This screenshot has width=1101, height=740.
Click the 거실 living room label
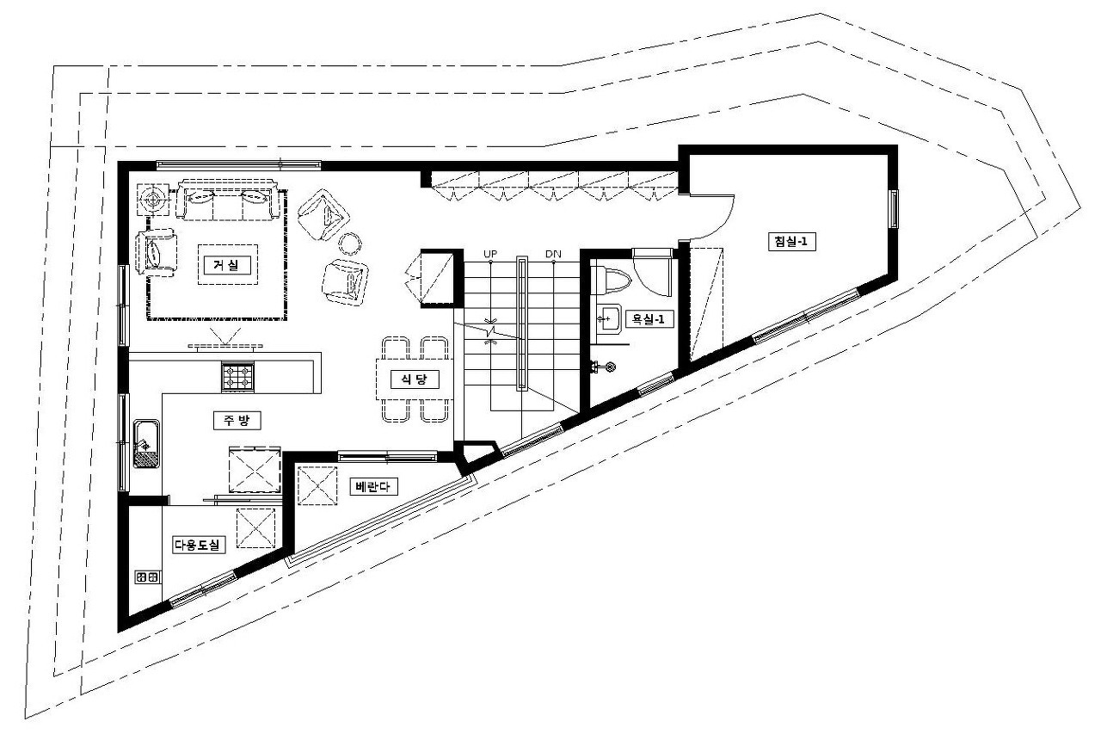[227, 266]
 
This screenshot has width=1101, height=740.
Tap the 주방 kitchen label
[237, 421]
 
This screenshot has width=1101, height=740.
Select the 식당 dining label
[415, 379]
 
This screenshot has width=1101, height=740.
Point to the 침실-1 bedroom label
[792, 242]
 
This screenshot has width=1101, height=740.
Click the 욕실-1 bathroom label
[649, 319]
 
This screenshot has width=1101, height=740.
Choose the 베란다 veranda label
[373, 487]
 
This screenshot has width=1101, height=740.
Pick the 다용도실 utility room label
[199, 545]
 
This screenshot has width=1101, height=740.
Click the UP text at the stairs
[490, 254]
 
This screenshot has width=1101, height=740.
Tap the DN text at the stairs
[553, 254]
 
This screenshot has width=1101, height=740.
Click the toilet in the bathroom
[613, 281]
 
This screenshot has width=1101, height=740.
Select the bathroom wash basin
[608, 318]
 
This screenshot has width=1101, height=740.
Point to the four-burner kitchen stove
[238, 377]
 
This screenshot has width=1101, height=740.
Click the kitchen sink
[146, 443]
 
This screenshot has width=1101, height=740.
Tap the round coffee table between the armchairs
[349, 244]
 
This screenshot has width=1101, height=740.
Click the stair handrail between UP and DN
[521, 323]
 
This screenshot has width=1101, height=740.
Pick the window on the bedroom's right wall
[893, 209]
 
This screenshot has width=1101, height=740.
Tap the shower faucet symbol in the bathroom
[603, 367]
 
